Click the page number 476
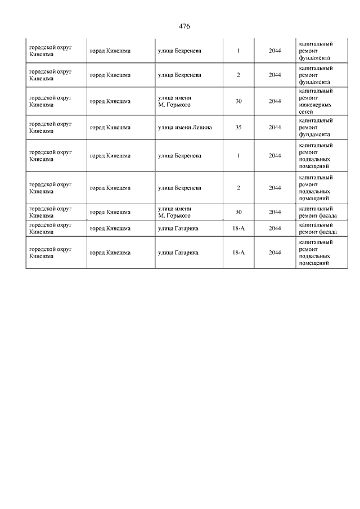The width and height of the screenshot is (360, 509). pyautogui.click(x=184, y=26)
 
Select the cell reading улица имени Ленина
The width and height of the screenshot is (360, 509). pyautogui.click(x=183, y=127)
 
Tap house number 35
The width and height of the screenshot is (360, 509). pyautogui.click(x=238, y=127)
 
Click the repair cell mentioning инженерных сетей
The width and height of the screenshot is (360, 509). pyautogui.click(x=316, y=101)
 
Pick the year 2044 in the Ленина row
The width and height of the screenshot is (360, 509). pyautogui.click(x=275, y=127)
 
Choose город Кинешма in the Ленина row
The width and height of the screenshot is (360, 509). pyautogui.click(x=110, y=127)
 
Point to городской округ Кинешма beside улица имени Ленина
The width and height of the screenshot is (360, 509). pyautogui.click(x=50, y=127)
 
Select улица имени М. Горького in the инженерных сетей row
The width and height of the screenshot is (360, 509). pyautogui.click(x=175, y=101)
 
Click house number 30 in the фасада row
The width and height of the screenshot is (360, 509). pyautogui.click(x=238, y=212)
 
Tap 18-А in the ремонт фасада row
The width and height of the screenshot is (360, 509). pyautogui.click(x=238, y=228)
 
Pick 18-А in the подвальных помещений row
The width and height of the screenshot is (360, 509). pyautogui.click(x=238, y=253)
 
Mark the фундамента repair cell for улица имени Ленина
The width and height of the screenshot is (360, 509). pyautogui.click(x=316, y=127)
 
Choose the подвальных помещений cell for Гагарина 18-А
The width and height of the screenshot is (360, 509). pyautogui.click(x=316, y=253)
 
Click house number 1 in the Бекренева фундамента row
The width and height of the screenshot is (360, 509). pyautogui.click(x=238, y=51)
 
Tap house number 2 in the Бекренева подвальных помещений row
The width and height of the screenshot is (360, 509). pyautogui.click(x=238, y=188)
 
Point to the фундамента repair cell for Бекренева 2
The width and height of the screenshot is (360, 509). pyautogui.click(x=316, y=75)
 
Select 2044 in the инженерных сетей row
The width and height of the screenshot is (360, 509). pyautogui.click(x=275, y=101)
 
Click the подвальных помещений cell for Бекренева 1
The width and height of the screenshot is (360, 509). pyautogui.click(x=316, y=155)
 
